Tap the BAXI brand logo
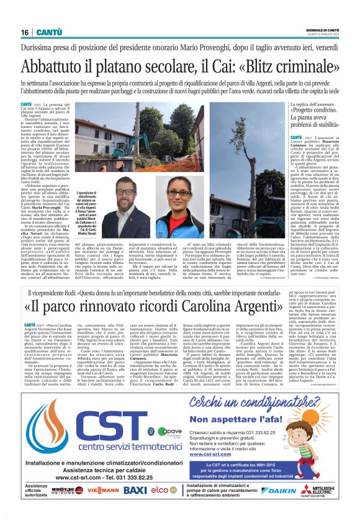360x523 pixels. (135, 491)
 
